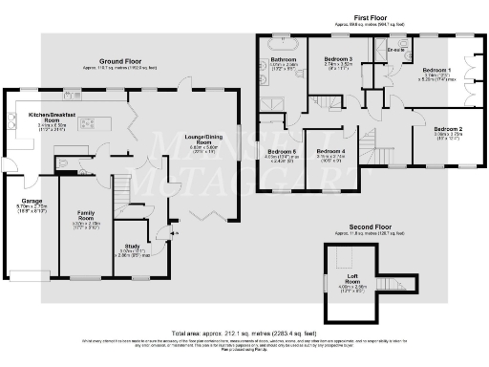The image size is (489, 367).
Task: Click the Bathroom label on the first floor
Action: coord(285,60)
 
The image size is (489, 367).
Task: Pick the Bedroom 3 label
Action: coord(338,59)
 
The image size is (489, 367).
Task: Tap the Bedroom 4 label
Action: coord(330,151)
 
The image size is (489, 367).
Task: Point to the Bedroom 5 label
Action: coord(281,152)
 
